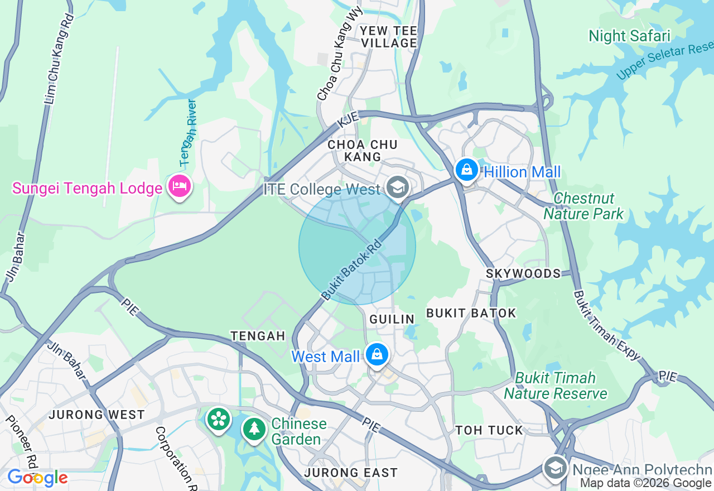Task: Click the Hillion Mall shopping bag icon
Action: (x=466, y=169)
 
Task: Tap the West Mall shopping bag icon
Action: (x=377, y=354)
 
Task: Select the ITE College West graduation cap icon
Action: (x=397, y=187)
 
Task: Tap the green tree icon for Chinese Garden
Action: (x=254, y=429)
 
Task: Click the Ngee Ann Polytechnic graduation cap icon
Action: (x=555, y=467)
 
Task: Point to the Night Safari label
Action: (x=629, y=36)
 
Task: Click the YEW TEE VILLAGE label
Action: (x=389, y=36)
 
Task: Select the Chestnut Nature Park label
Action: (x=583, y=206)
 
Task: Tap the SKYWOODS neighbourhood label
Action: (x=523, y=273)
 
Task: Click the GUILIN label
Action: (x=392, y=319)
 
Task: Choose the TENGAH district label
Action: (x=258, y=336)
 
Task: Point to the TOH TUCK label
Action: (x=489, y=430)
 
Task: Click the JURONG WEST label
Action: (x=97, y=415)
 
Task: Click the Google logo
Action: (x=37, y=478)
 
